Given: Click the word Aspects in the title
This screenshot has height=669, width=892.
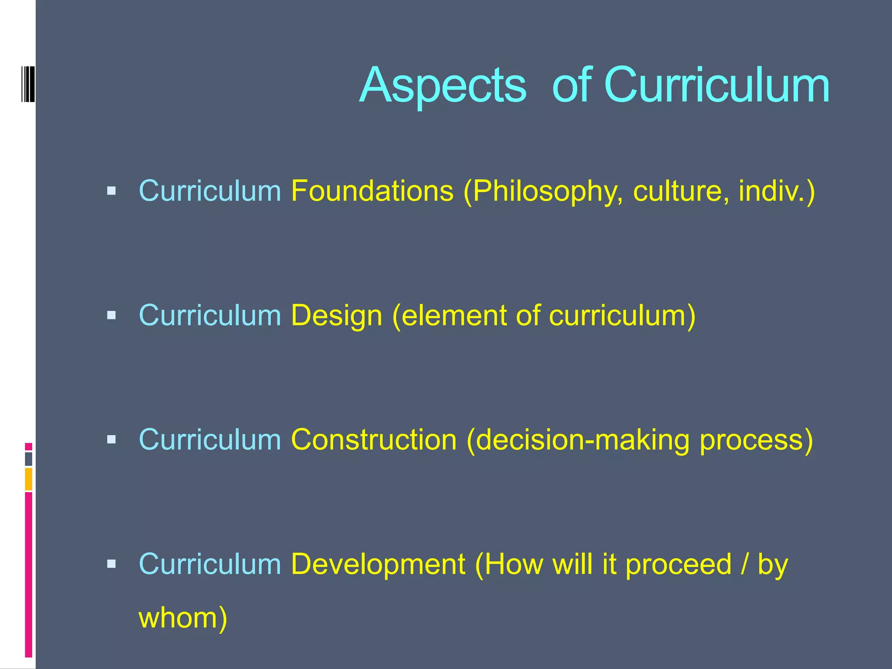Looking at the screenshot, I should (443, 85).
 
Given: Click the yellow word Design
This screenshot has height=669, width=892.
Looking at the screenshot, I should (336, 315).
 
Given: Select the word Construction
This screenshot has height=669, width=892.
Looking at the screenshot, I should (374, 439).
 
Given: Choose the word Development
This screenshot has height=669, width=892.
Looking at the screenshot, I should (378, 564).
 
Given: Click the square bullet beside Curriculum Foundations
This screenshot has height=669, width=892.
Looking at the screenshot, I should (111, 191).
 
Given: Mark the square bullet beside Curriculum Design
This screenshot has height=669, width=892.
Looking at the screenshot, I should (111, 315).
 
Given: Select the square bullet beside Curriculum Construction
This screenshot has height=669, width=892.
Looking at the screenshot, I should (111, 439).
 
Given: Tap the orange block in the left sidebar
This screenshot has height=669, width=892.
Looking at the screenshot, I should (29, 479).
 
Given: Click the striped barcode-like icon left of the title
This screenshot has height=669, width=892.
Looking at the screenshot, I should (28, 84).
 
